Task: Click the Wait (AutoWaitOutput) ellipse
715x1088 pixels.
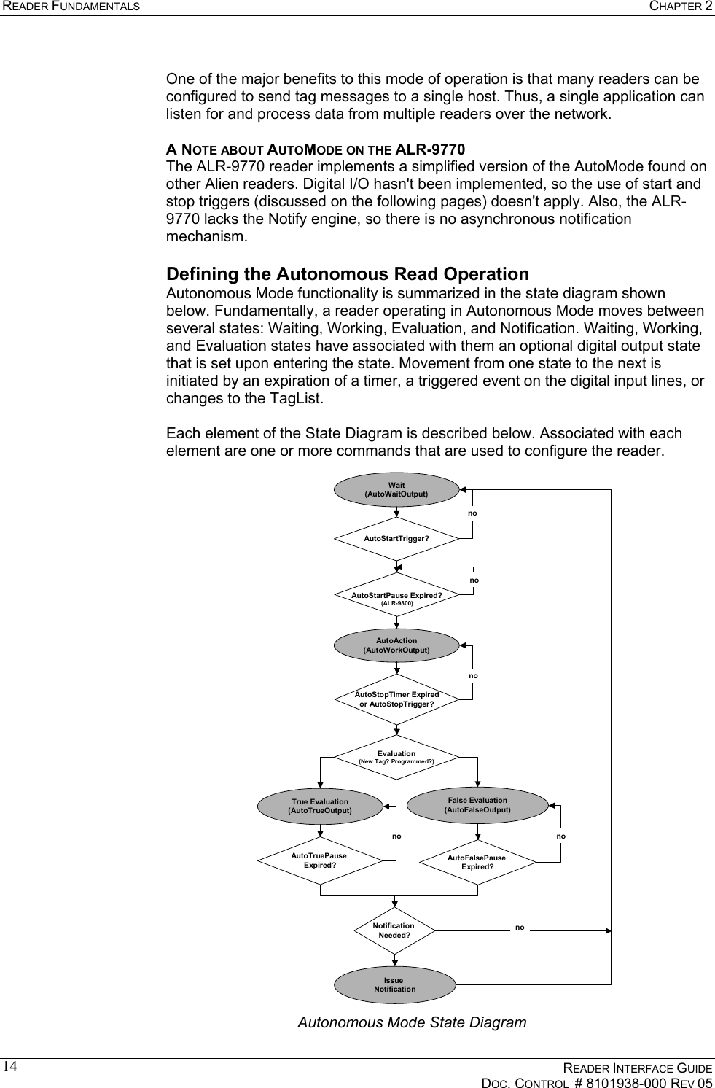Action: pyautogui.click(x=396, y=489)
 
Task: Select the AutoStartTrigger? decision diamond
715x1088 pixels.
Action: pyautogui.click(x=396, y=539)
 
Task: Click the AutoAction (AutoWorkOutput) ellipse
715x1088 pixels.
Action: pyautogui.click(x=396, y=645)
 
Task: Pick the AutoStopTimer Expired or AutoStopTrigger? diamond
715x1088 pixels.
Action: pyautogui.click(x=396, y=699)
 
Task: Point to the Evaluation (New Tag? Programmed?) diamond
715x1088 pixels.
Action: pyautogui.click(x=396, y=757)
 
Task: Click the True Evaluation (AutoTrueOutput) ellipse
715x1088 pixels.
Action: pyautogui.click(x=320, y=806)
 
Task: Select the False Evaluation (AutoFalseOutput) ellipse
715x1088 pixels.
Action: pyautogui.click(x=477, y=804)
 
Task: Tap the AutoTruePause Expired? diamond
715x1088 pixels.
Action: pyautogui.click(x=320, y=860)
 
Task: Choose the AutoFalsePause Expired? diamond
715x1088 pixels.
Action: pyautogui.click(x=477, y=862)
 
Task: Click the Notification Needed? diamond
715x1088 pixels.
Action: pyautogui.click(x=394, y=930)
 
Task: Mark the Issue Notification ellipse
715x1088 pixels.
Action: pyautogui.click(x=394, y=985)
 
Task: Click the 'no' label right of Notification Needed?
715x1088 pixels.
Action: pyautogui.click(x=520, y=928)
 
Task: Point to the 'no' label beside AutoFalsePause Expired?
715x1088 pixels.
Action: pyautogui.click(x=560, y=836)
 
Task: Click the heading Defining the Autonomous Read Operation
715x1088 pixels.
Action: pyautogui.click(x=348, y=274)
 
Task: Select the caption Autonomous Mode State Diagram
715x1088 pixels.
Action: pyautogui.click(x=412, y=1022)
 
